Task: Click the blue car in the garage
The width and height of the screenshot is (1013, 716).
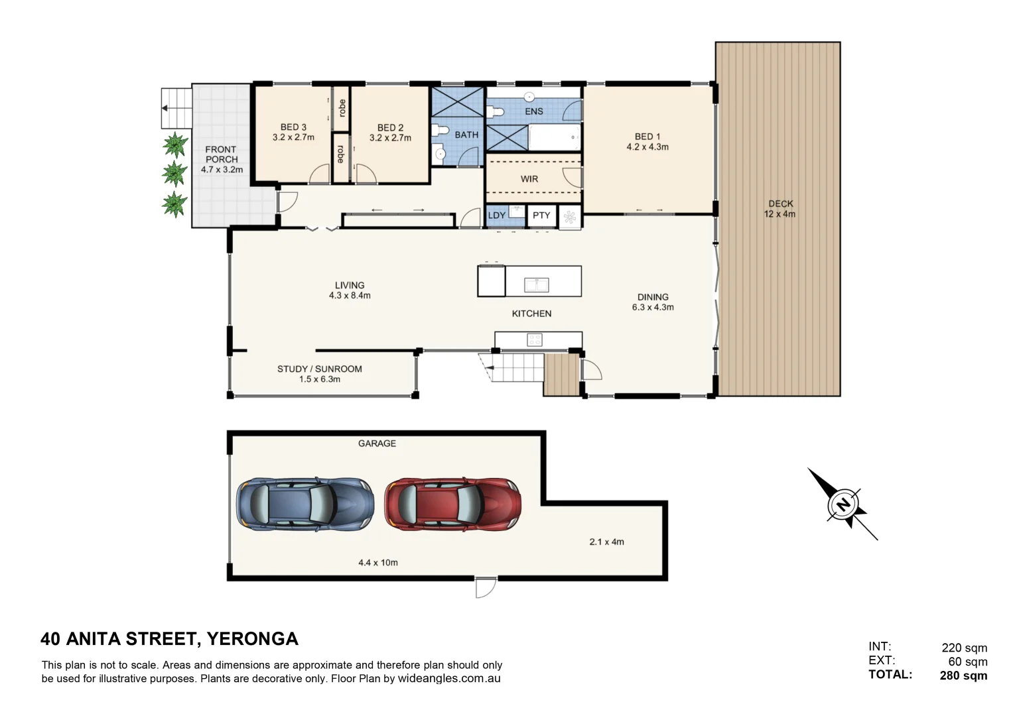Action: (305, 504)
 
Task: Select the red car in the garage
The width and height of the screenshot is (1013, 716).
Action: (452, 504)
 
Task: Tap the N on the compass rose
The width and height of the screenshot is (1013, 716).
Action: (843, 504)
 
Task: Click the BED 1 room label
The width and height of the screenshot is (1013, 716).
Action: (647, 137)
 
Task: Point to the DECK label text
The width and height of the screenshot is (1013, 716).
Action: (781, 204)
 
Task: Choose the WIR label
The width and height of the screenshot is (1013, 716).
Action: (529, 179)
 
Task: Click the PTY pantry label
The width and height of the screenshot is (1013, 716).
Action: (541, 215)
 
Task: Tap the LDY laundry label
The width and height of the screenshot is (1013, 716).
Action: (497, 215)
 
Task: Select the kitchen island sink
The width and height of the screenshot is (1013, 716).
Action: (536, 285)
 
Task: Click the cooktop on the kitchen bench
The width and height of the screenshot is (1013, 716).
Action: (535, 339)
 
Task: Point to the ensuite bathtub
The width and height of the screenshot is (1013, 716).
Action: (555, 137)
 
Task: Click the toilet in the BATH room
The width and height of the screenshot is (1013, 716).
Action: (439, 131)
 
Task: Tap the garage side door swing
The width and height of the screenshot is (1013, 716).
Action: (486, 588)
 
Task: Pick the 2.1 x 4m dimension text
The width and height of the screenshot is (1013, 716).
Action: (606, 542)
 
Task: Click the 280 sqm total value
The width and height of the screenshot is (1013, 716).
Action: (963, 676)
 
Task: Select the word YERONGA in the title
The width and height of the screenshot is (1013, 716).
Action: (252, 638)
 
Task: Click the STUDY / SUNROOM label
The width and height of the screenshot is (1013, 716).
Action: (320, 369)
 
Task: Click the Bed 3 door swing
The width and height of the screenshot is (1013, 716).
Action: (319, 174)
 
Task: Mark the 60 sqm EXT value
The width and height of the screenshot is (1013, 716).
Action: (968, 662)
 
